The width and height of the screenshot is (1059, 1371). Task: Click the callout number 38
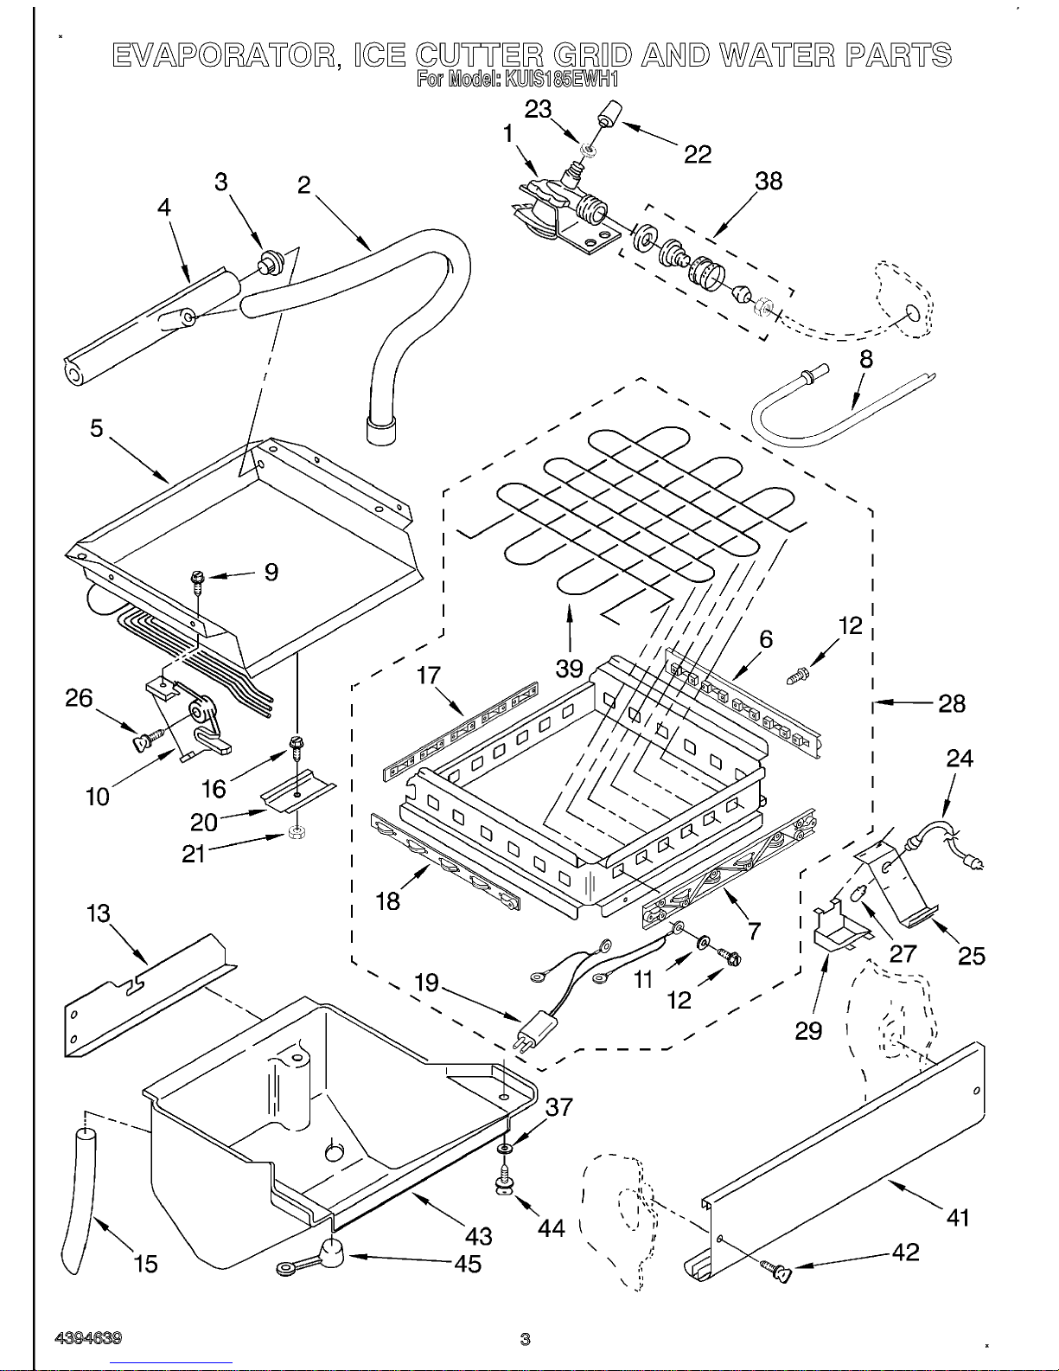(769, 181)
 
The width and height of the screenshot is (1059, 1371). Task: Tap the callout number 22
(698, 154)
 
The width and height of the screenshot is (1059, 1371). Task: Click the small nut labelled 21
(293, 834)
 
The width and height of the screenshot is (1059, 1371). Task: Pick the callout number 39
(569, 669)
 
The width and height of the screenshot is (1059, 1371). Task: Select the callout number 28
(952, 703)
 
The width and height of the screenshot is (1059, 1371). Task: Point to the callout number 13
(99, 913)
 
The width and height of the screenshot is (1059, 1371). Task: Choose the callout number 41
(958, 1218)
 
